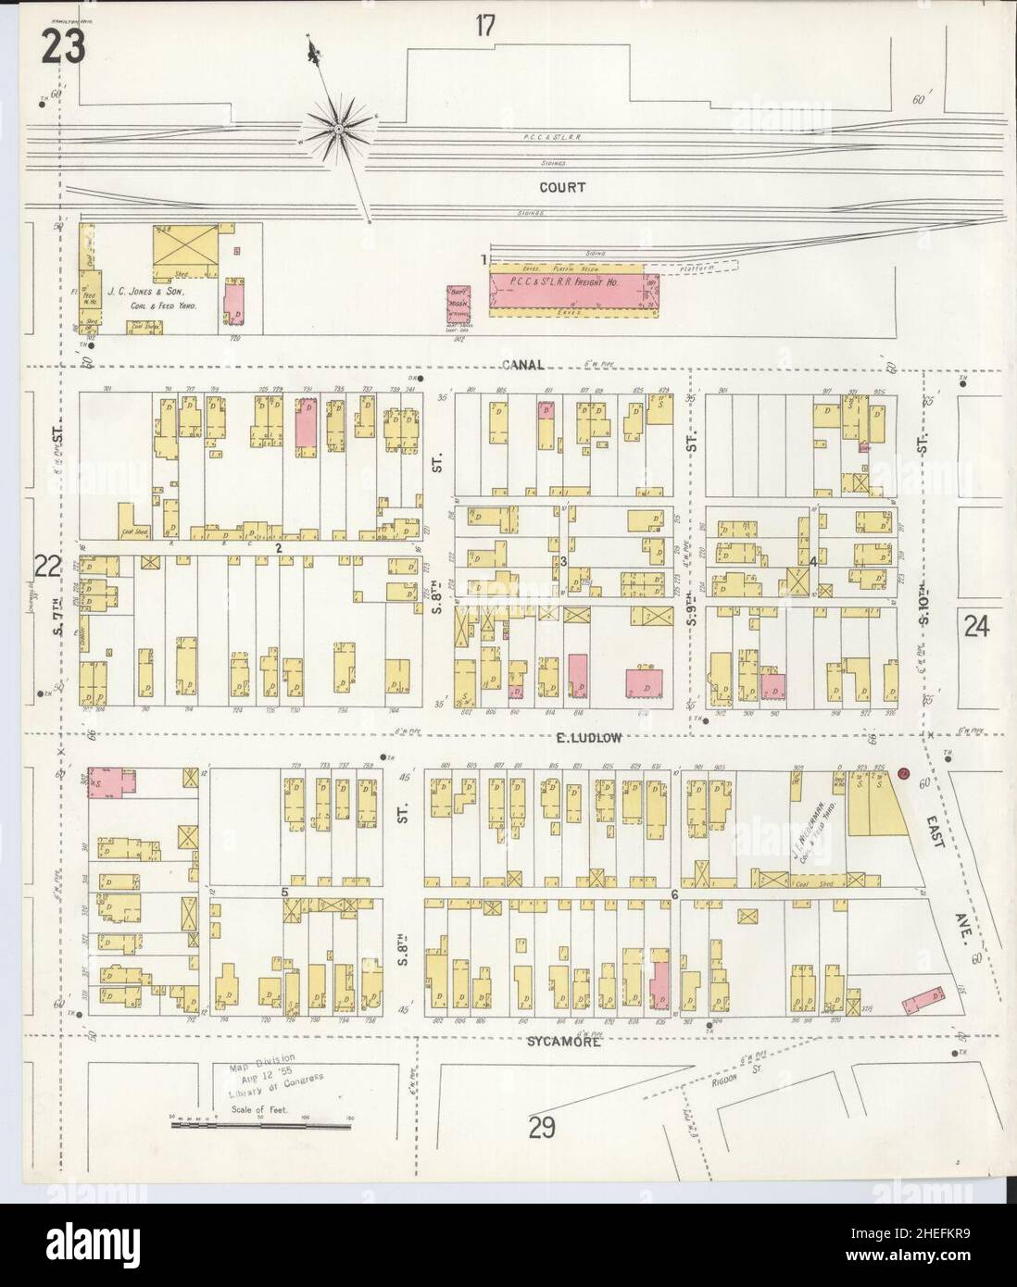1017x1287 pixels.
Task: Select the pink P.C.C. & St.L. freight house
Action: point(571,288)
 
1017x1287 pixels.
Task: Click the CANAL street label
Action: point(523,364)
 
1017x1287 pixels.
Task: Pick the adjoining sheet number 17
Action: point(485,26)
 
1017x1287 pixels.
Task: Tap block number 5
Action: point(285,892)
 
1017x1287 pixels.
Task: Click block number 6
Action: point(674,894)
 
